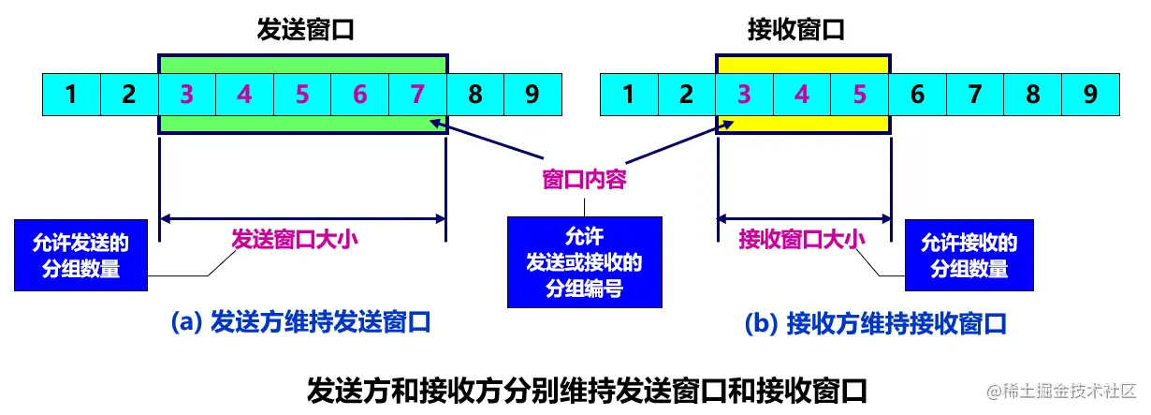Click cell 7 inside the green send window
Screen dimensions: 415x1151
tap(417, 95)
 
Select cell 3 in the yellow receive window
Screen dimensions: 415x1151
tap(744, 95)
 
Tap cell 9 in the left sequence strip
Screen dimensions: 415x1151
tap(532, 95)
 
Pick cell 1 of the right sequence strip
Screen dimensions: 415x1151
tap(629, 95)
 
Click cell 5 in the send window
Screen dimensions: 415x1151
tap(302, 95)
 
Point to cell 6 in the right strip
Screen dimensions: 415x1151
tap(917, 95)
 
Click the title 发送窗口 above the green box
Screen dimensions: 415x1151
tap(304, 30)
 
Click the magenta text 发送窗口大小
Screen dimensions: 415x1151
tap(295, 239)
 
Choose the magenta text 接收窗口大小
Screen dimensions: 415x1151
tap(802, 239)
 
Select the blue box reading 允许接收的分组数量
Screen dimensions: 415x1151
tap(969, 256)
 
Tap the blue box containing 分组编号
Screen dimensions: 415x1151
tap(584, 261)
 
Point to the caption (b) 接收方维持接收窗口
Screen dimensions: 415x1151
tap(875, 324)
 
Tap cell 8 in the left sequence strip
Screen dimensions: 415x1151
tap(475, 95)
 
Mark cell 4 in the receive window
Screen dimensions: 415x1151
tap(802, 95)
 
